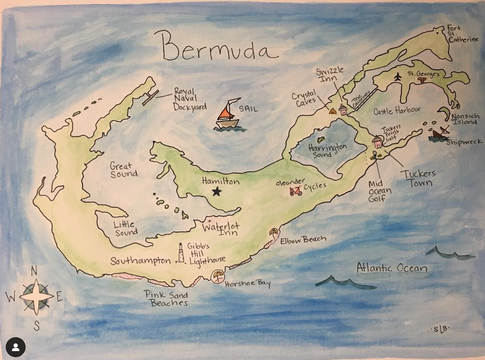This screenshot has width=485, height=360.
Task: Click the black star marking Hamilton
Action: click(x=217, y=192)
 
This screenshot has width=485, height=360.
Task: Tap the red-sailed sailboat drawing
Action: click(x=227, y=115)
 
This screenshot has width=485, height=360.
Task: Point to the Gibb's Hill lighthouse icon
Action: click(x=181, y=253)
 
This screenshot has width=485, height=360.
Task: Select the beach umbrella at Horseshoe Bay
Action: click(x=217, y=276)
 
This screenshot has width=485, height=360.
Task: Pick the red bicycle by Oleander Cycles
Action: click(x=296, y=191)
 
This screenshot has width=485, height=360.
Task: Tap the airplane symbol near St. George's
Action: click(x=398, y=76)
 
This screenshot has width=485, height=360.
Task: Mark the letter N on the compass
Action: click(x=34, y=271)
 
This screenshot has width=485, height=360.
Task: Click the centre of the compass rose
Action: click(x=36, y=296)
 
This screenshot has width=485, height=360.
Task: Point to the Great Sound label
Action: click(x=123, y=170)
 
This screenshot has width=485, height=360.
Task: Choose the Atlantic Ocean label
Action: click(x=392, y=268)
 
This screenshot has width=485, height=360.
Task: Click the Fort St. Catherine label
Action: click(x=462, y=34)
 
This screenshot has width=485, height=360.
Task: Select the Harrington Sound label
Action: click(x=327, y=150)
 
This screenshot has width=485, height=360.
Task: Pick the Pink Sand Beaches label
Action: click(x=166, y=299)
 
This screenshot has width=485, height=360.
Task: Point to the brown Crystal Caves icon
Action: click(x=333, y=112)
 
